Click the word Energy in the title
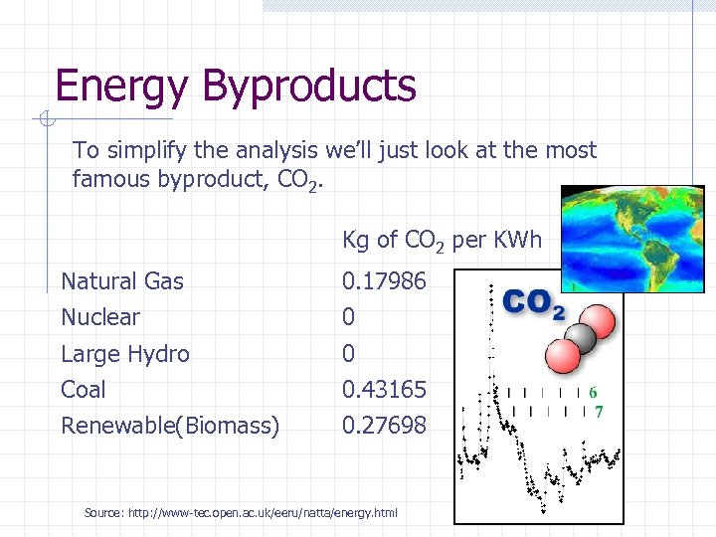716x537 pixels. click(x=119, y=87)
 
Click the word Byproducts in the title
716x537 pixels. click(x=308, y=87)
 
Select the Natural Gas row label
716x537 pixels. click(x=122, y=281)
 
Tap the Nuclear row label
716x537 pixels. click(x=100, y=317)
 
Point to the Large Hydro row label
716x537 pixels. click(x=125, y=354)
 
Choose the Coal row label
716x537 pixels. click(x=84, y=390)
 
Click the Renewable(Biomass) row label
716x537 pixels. click(x=170, y=426)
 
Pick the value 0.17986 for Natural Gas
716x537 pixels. click(x=384, y=281)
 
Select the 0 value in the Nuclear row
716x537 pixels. click(x=349, y=317)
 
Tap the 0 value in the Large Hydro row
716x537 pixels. click(x=349, y=354)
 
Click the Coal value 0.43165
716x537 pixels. click(x=384, y=390)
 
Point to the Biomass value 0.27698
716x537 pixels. click(x=384, y=426)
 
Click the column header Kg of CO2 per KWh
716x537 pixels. click(x=442, y=241)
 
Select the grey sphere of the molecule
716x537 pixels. click(x=579, y=340)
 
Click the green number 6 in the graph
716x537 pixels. click(x=594, y=393)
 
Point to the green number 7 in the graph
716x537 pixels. click(x=599, y=411)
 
